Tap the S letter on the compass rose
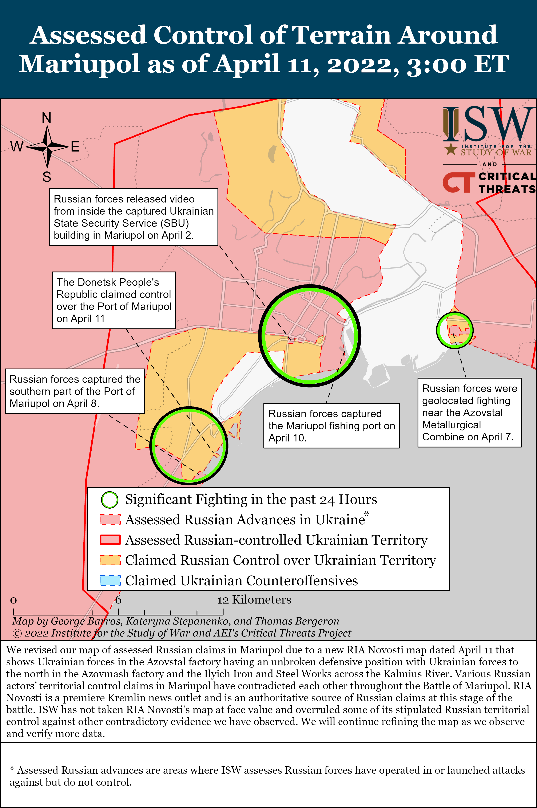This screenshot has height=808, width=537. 47,177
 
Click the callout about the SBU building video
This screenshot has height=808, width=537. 134,217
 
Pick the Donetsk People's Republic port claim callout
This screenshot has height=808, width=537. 114,300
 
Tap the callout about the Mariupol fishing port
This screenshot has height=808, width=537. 331,425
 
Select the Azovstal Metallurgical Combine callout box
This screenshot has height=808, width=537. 469,412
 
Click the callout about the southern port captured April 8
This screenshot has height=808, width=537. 75,391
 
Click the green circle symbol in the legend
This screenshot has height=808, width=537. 110,500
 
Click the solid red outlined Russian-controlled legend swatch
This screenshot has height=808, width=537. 110,540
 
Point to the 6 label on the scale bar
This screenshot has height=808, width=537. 118,600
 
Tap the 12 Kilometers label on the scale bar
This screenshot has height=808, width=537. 254,600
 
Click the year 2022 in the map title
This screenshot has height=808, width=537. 363,64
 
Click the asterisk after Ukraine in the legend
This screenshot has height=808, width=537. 367,514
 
